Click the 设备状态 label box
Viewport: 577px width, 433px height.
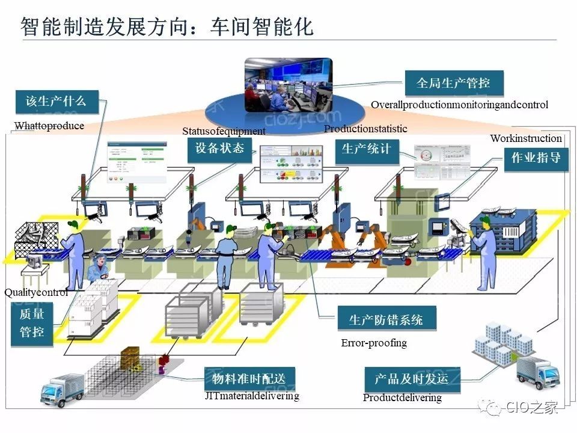[x=220, y=148]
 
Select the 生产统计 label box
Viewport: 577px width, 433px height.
[x=367, y=149]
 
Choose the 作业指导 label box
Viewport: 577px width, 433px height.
[x=536, y=158]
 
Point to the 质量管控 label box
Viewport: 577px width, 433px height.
[x=32, y=324]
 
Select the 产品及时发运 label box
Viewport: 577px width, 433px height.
[x=412, y=379]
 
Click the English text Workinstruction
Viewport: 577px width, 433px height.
[x=526, y=138]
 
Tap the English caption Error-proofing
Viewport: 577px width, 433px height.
[x=374, y=343]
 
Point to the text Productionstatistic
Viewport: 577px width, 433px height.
[x=365, y=129]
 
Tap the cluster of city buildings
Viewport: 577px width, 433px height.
[x=502, y=343]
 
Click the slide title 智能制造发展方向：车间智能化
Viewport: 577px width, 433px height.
[x=168, y=27]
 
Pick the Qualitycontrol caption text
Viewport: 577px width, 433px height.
[x=36, y=293]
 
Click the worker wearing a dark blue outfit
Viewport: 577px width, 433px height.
[x=224, y=261]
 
